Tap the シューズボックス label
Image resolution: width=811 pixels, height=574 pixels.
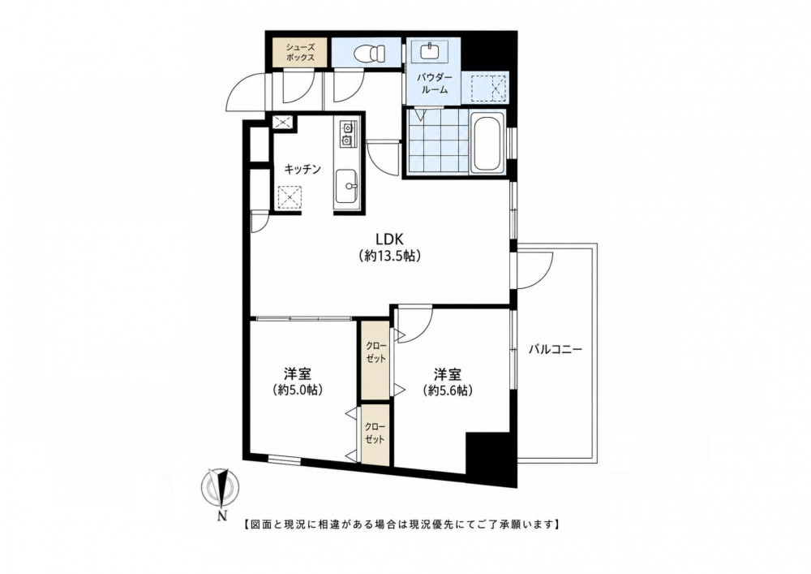[x=301, y=52]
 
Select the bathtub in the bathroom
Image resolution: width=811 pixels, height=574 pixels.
[x=487, y=144]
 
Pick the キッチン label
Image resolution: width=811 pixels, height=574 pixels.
[x=303, y=169]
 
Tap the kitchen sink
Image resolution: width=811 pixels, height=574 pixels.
[x=346, y=187]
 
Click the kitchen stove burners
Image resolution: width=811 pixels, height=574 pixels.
[x=346, y=133]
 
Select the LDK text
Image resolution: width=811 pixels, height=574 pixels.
[x=389, y=239]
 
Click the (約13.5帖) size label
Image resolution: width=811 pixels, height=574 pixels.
[x=389, y=256]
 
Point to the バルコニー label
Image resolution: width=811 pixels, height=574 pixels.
[x=556, y=349]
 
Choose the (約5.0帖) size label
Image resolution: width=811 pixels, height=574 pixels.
[x=299, y=391]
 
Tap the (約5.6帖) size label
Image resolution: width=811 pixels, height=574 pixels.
[x=448, y=391]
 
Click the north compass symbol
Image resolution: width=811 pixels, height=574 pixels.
[x=221, y=486]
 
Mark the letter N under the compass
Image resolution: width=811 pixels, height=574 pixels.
[x=222, y=516]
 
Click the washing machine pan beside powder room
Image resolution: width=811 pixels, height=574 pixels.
[x=489, y=88]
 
